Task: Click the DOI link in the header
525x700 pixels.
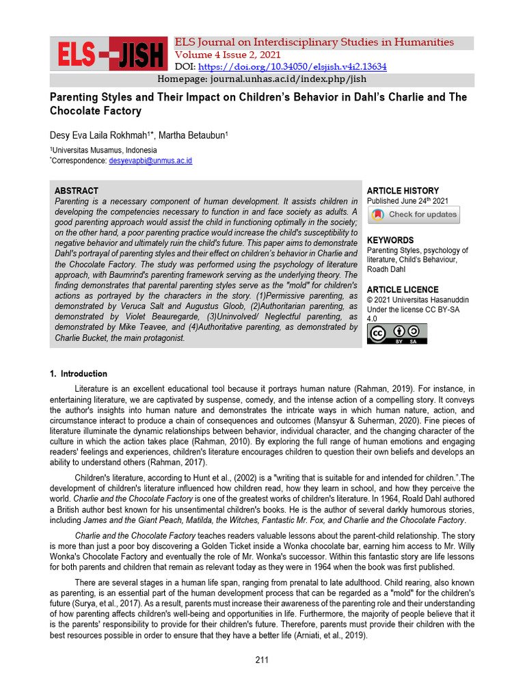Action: (292, 67)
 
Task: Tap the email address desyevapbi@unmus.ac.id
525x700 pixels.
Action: (150, 161)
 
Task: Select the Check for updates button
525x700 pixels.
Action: (414, 215)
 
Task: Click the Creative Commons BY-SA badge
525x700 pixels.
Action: (396, 334)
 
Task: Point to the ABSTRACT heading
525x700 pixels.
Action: (77, 191)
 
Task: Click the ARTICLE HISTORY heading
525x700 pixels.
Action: (403, 191)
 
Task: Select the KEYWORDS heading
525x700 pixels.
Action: (390, 241)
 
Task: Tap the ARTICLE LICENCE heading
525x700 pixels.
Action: (403, 290)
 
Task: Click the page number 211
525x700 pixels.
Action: (262, 660)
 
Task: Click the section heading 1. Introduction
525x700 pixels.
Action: (79, 374)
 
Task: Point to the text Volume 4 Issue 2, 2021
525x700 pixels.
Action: (227, 55)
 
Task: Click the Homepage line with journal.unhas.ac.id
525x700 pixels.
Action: (262, 80)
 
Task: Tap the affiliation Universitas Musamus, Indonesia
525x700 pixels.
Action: (104, 150)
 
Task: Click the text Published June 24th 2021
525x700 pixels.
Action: (407, 201)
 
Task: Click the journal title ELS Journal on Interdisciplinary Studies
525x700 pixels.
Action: (314, 42)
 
